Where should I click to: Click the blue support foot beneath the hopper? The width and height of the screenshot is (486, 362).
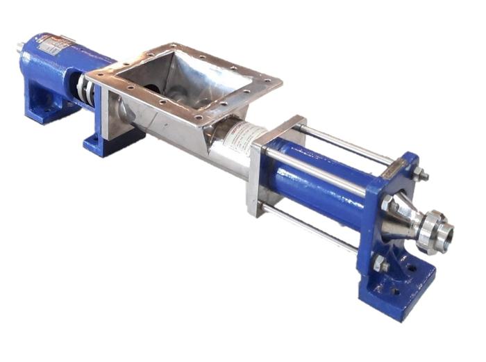click(x=104, y=139)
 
